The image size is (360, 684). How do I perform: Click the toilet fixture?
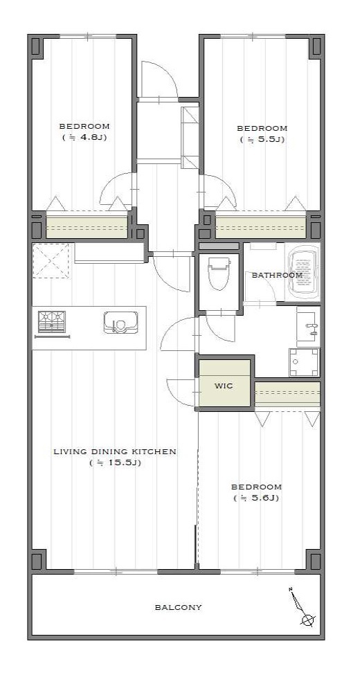pyautogui.click(x=219, y=273)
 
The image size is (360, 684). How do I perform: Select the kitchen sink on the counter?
pyautogui.click(x=121, y=323)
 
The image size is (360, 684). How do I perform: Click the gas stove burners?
pyautogui.click(x=51, y=322)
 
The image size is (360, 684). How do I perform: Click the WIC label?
pyautogui.click(x=224, y=386)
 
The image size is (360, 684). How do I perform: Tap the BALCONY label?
pyautogui.click(x=179, y=607)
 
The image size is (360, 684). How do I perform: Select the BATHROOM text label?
pyautogui.click(x=277, y=276)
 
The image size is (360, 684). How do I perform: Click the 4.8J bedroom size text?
pyautogui.click(x=84, y=137)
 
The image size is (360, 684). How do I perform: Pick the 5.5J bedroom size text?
pyautogui.click(x=262, y=140)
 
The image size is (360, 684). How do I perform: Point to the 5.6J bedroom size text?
pyautogui.click(x=257, y=498)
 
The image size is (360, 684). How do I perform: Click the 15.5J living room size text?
pyautogui.click(x=115, y=463)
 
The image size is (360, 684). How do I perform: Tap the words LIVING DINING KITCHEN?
pyautogui.click(x=115, y=451)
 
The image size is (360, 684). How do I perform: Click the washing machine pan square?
pyautogui.click(x=304, y=362)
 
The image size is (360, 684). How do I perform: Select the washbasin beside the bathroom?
pyautogui.click(x=308, y=326)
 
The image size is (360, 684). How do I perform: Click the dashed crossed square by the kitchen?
pyautogui.click(x=51, y=260)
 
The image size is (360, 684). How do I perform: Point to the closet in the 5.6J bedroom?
pyautogui.click(x=287, y=395)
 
